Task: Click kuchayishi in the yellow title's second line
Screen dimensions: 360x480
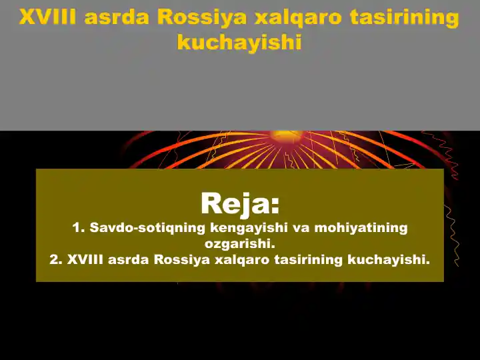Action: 239,42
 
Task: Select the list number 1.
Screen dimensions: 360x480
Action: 77,228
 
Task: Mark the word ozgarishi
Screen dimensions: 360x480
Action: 240,243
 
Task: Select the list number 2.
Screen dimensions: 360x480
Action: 55,259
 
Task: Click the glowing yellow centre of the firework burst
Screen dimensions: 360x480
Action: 280,135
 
